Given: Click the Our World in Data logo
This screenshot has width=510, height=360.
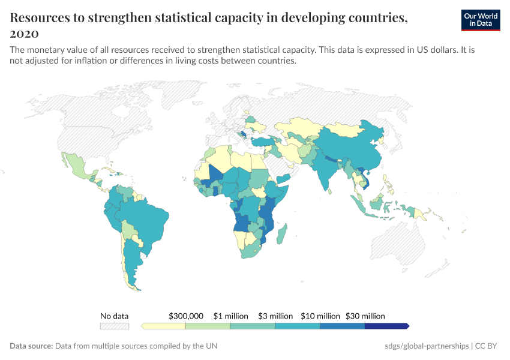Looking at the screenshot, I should pos(480,20).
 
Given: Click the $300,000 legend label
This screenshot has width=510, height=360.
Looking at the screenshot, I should pos(186,316).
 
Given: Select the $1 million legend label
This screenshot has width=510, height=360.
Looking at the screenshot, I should pos(231,316).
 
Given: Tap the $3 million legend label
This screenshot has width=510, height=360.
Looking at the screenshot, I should pos(275,316).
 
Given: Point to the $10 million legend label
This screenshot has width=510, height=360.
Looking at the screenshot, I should pos(320,316).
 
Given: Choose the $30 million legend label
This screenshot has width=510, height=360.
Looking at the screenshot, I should pos(365,316).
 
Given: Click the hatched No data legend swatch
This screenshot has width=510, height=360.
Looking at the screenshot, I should pos(114,326).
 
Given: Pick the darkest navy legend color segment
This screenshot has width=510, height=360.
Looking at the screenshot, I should pos(386,326).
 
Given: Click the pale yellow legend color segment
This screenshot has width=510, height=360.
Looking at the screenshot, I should pos(164,326).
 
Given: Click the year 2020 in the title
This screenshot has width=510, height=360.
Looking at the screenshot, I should pos(25,33).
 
